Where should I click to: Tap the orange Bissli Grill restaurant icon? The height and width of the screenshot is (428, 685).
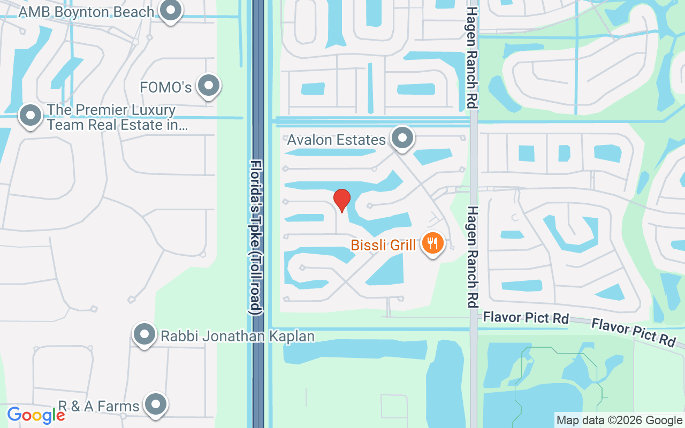click(432, 243)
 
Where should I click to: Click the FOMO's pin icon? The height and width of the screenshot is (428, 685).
click(209, 86)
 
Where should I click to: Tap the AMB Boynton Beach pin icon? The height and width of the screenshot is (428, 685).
click(171, 10)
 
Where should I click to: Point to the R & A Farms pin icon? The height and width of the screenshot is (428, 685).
click(156, 405)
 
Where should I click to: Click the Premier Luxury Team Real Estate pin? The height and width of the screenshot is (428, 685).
click(31, 116)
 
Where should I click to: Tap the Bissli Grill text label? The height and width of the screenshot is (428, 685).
click(383, 245)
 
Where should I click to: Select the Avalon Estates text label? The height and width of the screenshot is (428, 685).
click(336, 140)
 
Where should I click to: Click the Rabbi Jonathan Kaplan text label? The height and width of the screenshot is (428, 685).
click(237, 336)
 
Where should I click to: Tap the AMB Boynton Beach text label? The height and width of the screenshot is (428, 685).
click(86, 12)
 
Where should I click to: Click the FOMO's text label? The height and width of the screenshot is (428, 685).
click(165, 87)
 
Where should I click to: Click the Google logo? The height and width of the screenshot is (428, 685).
click(36, 415)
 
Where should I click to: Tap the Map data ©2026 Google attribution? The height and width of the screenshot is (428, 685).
click(619, 420)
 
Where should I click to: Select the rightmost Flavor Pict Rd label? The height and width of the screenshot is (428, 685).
click(633, 332)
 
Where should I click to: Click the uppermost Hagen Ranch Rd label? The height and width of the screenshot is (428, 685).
click(471, 57)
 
